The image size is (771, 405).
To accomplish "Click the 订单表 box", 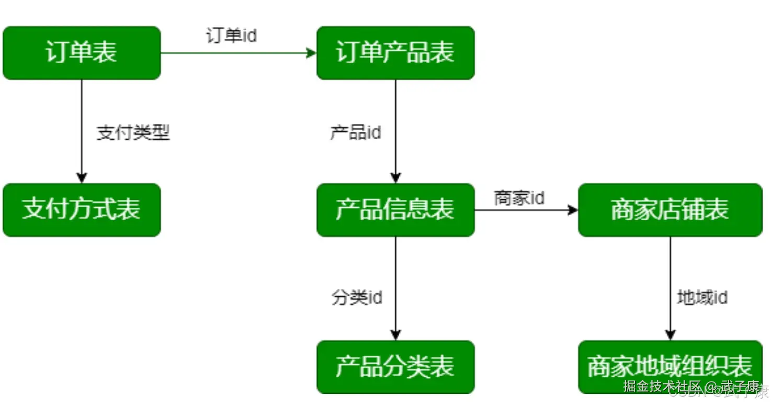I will click(82, 53).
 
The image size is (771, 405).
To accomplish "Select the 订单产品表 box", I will click(395, 53).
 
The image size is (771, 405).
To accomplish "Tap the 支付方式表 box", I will click(82, 210).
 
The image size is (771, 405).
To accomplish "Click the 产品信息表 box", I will click(395, 210).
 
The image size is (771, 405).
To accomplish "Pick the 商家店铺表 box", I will click(670, 210).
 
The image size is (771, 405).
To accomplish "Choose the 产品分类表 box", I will click(395, 367).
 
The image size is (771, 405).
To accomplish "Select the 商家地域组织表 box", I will click(670, 367).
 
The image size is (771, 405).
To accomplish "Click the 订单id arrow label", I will click(231, 36).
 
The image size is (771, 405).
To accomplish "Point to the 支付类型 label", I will click(133, 133).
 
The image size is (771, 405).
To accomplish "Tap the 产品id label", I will click(356, 133).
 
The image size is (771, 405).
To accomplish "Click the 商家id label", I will click(519, 198).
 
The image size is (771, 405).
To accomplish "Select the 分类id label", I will click(357, 298).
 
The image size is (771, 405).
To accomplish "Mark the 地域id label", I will click(702, 298).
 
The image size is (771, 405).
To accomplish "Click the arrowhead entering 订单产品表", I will click(312, 53).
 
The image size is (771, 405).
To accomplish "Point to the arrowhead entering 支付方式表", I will click(82, 178).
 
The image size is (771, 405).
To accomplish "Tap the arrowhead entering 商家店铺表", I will click(573, 210).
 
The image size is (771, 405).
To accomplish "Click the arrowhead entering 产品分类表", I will click(395, 335).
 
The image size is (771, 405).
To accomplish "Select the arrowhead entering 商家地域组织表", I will click(670, 335).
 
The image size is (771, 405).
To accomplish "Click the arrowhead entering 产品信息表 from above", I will click(395, 178).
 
